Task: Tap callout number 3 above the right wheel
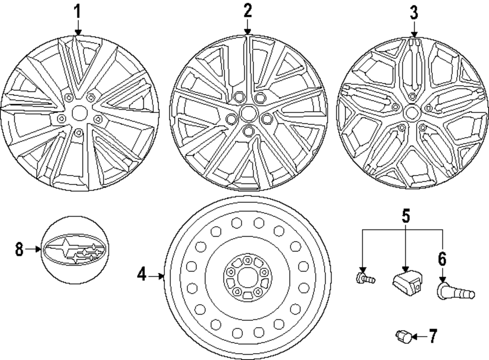414,12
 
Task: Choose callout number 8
19,249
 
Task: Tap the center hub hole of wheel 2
247,113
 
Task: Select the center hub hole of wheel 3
411,113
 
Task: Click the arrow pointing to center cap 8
33,249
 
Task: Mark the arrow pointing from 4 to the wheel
157,276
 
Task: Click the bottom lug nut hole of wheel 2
248,131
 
